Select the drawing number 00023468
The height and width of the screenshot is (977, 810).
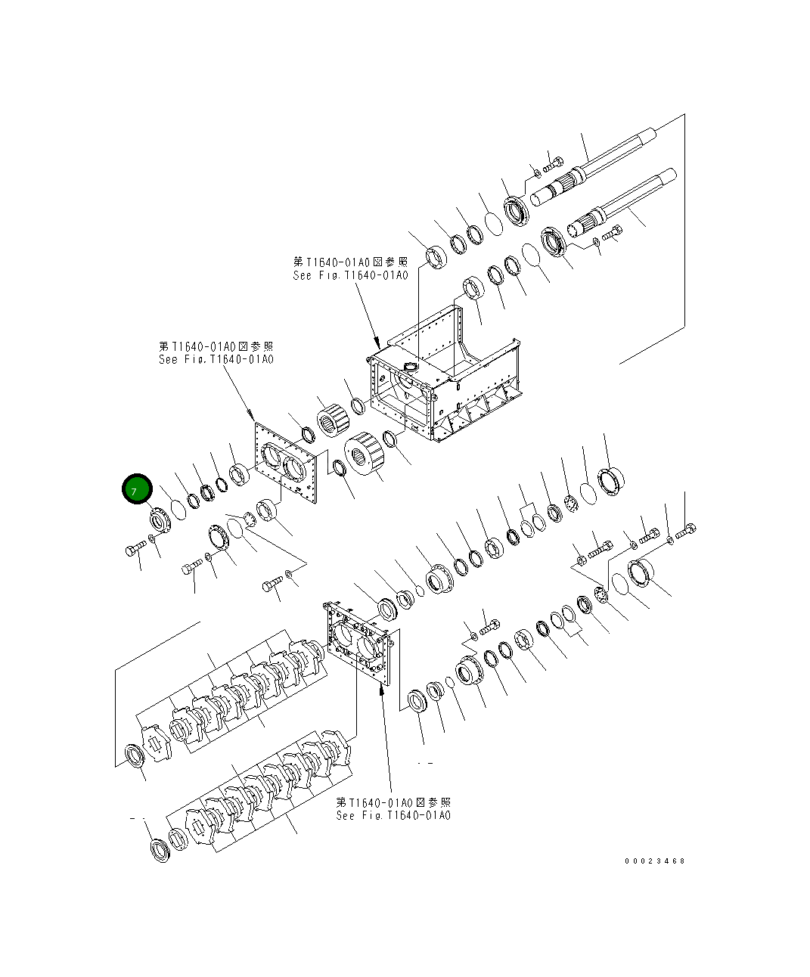point(654,861)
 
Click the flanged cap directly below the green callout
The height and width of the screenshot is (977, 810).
point(158,521)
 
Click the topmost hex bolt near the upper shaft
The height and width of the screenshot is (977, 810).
point(554,161)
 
